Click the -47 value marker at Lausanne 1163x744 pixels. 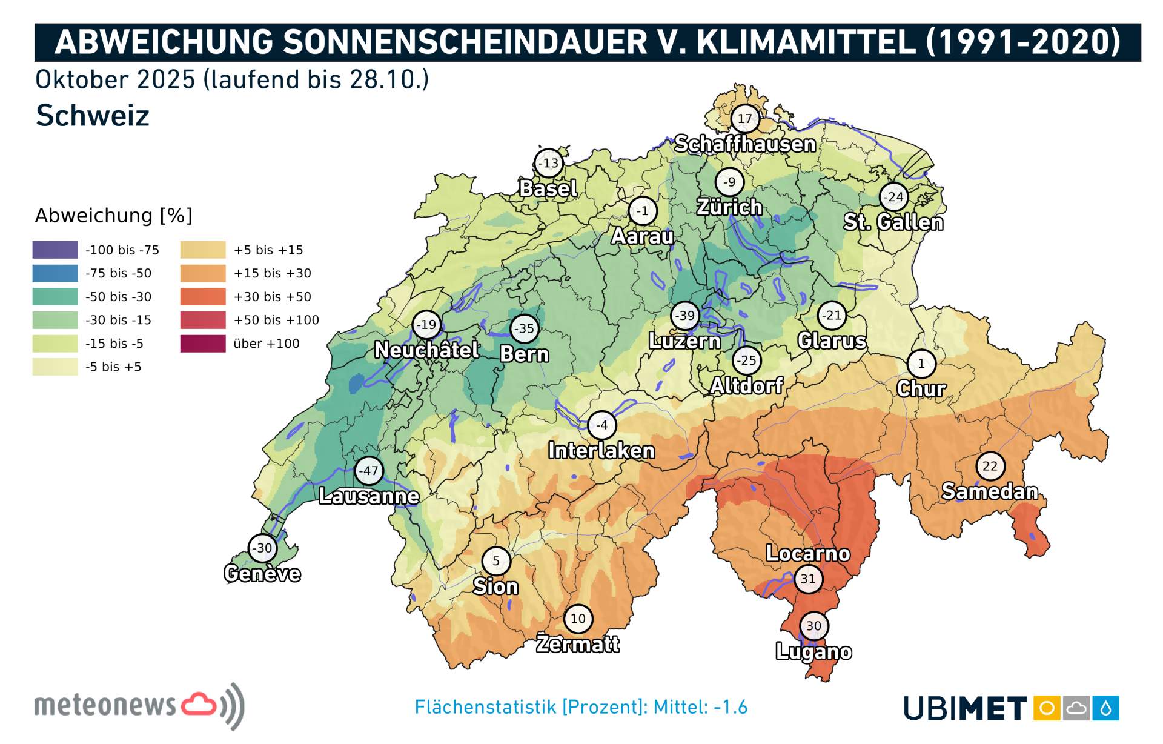click(x=368, y=470)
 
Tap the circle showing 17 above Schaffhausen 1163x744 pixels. click(x=744, y=119)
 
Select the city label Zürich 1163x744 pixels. click(x=729, y=207)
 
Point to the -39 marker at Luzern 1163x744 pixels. click(x=685, y=315)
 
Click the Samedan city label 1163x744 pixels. click(x=990, y=491)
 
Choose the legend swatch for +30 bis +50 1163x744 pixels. click(x=203, y=296)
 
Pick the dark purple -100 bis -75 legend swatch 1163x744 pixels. click(x=55, y=250)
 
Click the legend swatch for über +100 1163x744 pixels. click(x=203, y=344)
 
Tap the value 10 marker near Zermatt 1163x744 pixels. click(x=578, y=619)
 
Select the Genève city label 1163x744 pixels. click(x=262, y=573)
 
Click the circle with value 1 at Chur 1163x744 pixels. click(x=921, y=364)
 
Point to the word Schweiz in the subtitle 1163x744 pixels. click(x=92, y=115)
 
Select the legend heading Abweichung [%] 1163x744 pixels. click(x=113, y=215)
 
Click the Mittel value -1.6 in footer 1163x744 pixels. click(x=731, y=707)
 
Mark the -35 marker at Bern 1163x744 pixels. click(x=524, y=329)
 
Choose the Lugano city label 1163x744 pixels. click(x=813, y=651)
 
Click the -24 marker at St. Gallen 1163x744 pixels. click(x=893, y=196)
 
